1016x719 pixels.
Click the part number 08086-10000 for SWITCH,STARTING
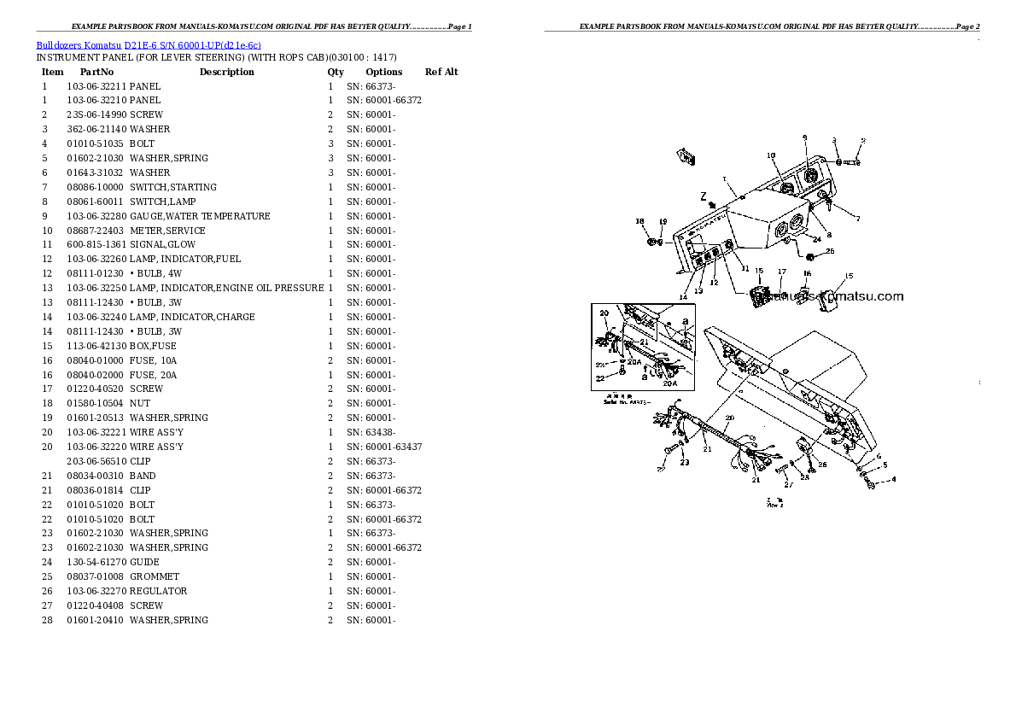click(96, 187)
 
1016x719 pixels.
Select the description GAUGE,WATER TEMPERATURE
click(200, 216)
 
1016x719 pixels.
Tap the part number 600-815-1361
click(96, 244)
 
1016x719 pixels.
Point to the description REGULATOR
click(158, 591)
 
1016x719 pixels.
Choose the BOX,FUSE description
click(153, 346)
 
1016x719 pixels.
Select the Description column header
click(226, 72)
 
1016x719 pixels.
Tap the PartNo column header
click(96, 72)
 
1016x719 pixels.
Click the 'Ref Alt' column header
click(441, 72)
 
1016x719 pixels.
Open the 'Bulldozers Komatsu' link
click(79, 44)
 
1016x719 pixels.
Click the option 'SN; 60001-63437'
click(383, 447)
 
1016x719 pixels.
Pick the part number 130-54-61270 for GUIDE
click(96, 562)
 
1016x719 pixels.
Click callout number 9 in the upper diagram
click(803, 137)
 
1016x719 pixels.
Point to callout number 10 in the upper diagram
click(770, 155)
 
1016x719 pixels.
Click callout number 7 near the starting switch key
click(857, 219)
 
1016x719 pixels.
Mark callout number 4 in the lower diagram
click(893, 479)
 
